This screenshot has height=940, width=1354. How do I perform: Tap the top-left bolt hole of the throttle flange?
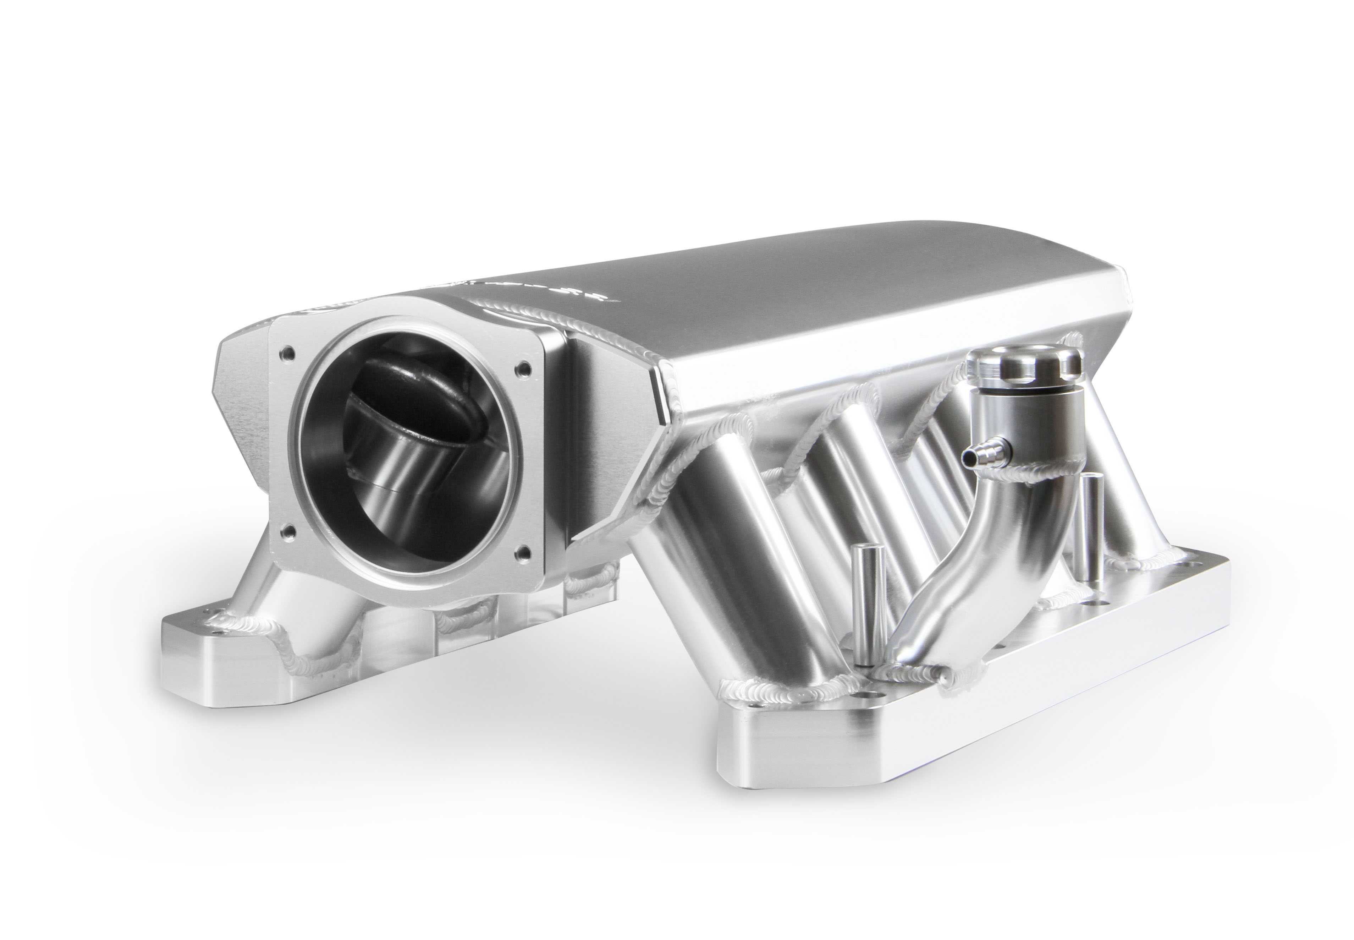coord(286,355)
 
